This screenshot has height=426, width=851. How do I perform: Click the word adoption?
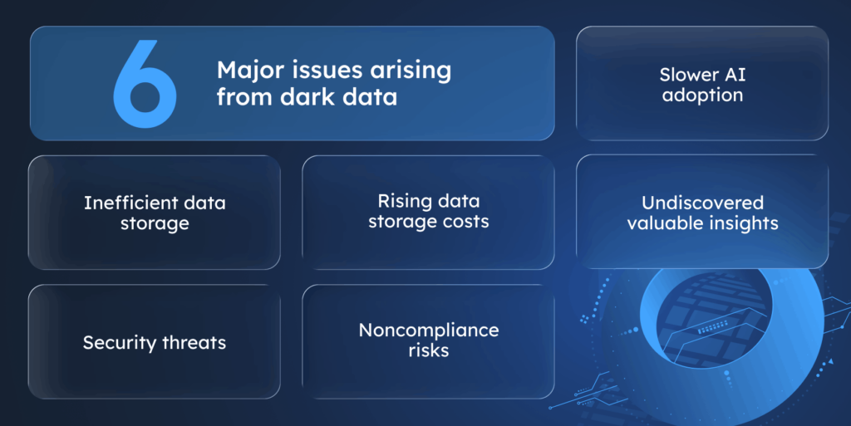point(702,95)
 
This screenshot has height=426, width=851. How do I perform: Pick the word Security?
point(118,342)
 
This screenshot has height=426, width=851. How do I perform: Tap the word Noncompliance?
point(429,330)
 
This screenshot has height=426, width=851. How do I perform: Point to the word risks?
point(429,350)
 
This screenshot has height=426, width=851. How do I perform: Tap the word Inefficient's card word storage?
point(155,223)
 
